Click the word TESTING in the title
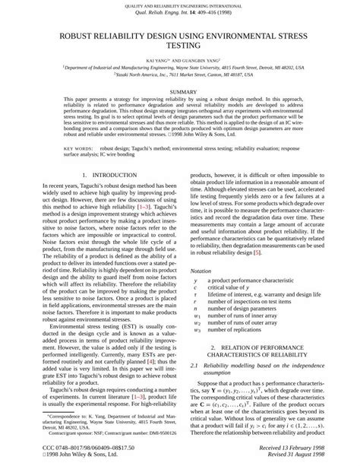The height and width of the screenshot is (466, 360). click(180, 46)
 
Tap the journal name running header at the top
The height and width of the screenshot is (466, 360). click(179, 6)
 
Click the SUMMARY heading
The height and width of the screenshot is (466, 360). click(179, 91)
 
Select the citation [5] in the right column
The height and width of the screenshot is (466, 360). click(257, 252)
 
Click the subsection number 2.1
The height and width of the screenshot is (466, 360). click(196, 367)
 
